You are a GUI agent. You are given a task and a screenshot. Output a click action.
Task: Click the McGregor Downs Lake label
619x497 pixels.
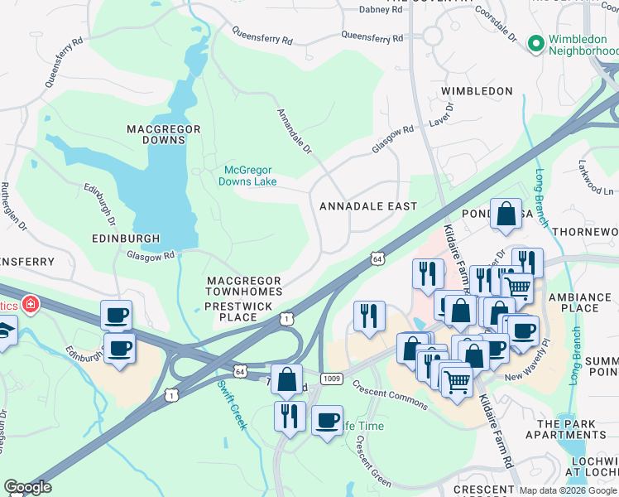tap(248, 176)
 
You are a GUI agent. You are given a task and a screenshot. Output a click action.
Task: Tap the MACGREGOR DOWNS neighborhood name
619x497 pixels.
tap(156, 134)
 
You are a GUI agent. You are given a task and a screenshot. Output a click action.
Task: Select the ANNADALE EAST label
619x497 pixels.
tap(367, 205)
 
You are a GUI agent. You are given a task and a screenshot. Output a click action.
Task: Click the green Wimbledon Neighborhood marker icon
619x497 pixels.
tap(535, 42)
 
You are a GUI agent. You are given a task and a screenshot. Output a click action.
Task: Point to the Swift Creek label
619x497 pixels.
tap(232, 404)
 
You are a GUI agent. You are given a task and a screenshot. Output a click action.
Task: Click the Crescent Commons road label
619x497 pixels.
tap(389, 395)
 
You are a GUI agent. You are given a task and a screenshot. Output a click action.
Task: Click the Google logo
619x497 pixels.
tap(27, 487)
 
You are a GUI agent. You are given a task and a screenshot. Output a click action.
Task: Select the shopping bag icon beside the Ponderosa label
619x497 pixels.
tap(506, 215)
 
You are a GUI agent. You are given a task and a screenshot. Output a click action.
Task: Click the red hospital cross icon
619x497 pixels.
tap(31, 306)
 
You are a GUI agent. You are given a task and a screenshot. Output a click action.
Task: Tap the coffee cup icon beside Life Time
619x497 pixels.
tap(328, 420)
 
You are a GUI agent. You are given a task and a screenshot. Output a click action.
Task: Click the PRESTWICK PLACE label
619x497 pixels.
tap(233, 311)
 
